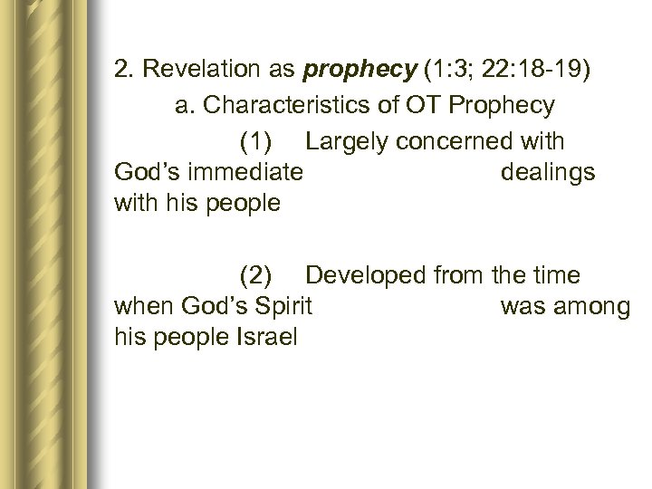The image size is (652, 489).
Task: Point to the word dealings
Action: (x=547, y=172)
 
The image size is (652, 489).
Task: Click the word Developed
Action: (x=366, y=274)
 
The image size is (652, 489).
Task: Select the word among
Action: (x=590, y=306)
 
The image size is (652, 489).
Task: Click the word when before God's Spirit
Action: (x=144, y=306)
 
